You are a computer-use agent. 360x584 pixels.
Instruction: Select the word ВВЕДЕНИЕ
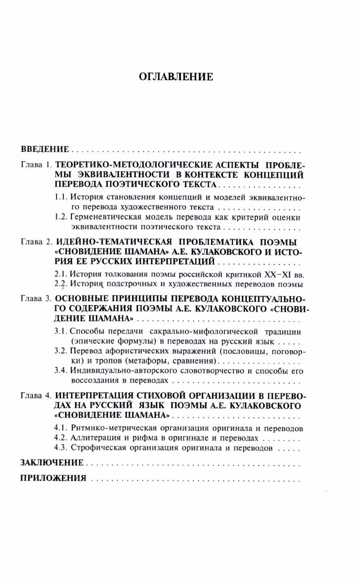click(x=44, y=149)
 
